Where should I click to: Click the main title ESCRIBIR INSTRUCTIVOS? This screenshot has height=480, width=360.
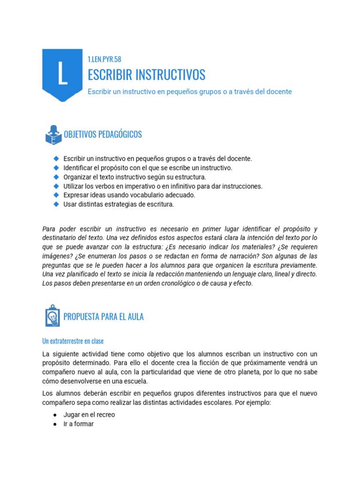[146, 75]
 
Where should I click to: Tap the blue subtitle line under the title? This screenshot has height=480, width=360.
[189, 91]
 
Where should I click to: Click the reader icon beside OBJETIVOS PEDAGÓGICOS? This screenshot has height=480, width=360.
[53, 135]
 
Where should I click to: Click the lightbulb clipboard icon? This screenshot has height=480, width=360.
[52, 316]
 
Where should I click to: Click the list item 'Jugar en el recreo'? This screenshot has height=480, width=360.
[89, 414]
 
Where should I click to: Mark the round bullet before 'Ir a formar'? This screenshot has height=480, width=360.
[55, 424]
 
